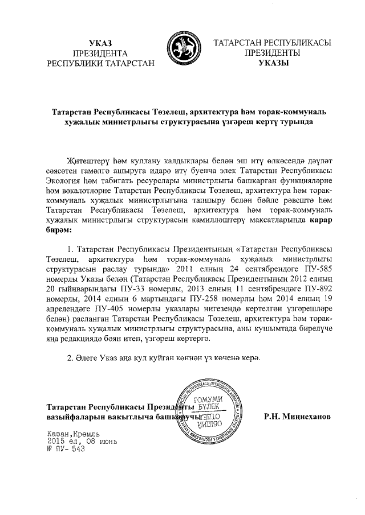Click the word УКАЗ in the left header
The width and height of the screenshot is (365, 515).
102,43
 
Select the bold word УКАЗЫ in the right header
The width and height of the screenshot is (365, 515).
273,63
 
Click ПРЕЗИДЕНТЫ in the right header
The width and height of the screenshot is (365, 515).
273,53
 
